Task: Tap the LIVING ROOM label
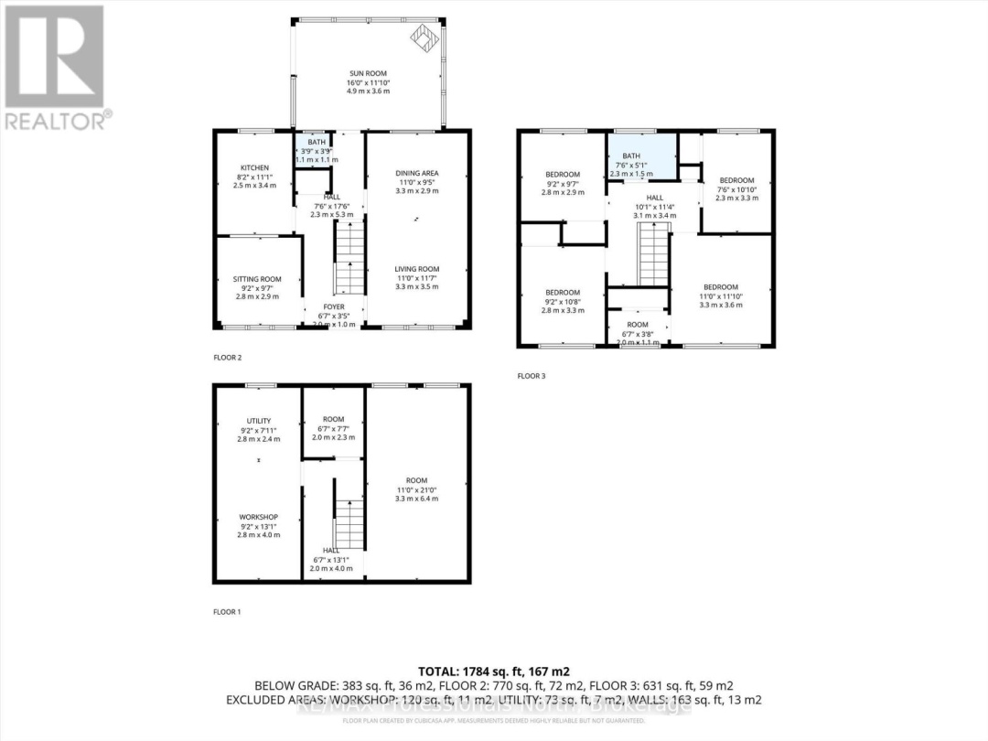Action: click(416, 269)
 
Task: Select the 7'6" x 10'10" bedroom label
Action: click(736, 180)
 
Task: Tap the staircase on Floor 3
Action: click(653, 256)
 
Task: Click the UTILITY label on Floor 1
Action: click(258, 421)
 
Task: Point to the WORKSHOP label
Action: click(258, 517)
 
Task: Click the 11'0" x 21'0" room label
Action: click(416, 481)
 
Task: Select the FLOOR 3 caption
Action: click(532, 376)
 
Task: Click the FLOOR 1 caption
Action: click(227, 611)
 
